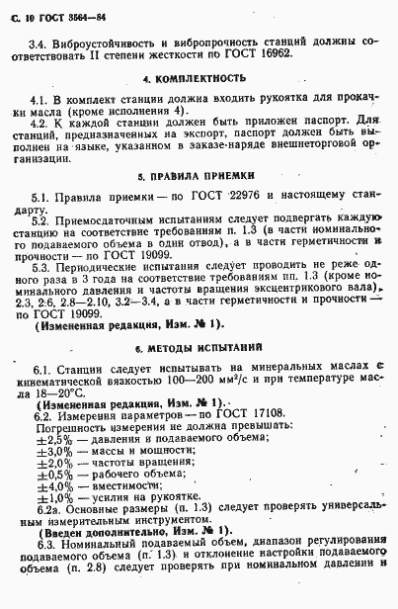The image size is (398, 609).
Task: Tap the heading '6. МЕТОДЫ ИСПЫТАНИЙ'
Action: point(201,347)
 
